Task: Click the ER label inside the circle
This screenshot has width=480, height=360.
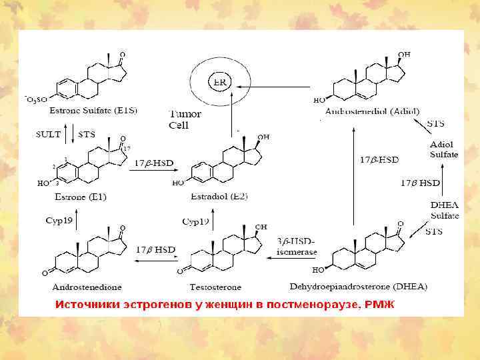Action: coord(217,82)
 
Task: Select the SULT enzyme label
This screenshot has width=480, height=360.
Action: coord(48,134)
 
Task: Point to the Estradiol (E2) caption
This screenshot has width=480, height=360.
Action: coord(218,197)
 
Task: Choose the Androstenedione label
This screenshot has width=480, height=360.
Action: coord(87,287)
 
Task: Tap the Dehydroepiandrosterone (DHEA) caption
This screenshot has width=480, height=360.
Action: coord(359,287)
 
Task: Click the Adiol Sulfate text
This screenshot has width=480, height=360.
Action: coord(444,149)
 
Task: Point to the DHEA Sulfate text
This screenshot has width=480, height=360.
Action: coord(444,211)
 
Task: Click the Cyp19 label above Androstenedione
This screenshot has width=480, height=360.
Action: coord(59,219)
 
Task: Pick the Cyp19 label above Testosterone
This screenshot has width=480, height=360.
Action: coord(195,221)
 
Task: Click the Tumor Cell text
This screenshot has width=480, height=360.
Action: coord(184,119)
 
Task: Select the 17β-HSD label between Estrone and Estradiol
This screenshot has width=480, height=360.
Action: coord(155,163)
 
